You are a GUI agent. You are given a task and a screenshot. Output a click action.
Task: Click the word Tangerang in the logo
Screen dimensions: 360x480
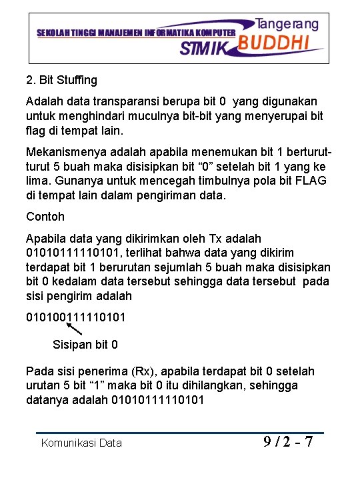[x=287, y=24]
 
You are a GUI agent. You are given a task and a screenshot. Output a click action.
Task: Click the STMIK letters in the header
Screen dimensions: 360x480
[x=204, y=48]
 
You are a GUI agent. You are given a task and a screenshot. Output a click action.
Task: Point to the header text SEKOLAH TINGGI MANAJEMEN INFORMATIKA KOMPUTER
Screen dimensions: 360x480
[x=135, y=32]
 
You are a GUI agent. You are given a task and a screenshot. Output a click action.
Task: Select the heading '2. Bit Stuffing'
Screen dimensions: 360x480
[x=61, y=80]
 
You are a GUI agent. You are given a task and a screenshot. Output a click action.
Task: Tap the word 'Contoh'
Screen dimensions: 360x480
[x=45, y=217]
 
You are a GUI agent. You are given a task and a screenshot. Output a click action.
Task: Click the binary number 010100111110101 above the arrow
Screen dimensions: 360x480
[x=75, y=317]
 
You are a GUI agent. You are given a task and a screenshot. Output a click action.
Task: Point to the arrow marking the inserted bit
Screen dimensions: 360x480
[x=75, y=328]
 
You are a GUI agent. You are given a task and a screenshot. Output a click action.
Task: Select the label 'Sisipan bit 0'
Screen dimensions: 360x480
[x=85, y=345]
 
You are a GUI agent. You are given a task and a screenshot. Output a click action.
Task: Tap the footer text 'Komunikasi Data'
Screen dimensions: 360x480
[x=81, y=443]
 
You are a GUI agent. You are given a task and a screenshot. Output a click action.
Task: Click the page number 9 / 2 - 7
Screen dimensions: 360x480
[x=288, y=441]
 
